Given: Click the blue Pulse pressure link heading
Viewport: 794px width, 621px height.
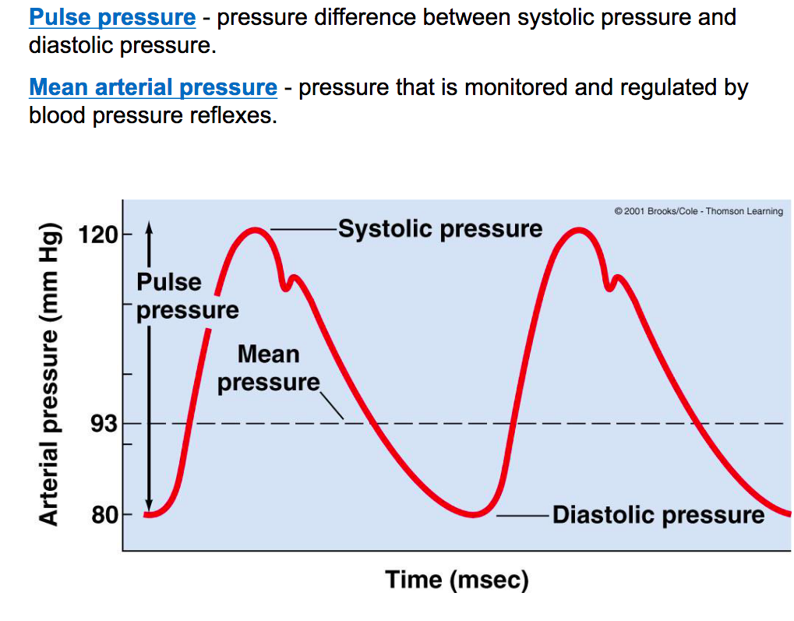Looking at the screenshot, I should pyautogui.click(x=112, y=17).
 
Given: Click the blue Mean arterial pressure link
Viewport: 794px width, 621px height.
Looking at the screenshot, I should pyautogui.click(x=153, y=87).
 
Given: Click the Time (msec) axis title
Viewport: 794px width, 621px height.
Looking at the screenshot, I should pyautogui.click(x=457, y=580).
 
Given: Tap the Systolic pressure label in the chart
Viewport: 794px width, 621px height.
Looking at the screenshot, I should pyautogui.click(x=439, y=229).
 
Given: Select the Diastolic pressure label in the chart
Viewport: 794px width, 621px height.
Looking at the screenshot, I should pyautogui.click(x=658, y=515).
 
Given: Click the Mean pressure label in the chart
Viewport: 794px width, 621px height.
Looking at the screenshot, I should pyautogui.click(x=269, y=369).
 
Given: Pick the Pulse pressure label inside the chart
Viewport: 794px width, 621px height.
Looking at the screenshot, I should pyautogui.click(x=187, y=296).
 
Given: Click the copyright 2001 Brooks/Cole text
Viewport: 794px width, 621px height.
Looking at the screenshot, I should pyautogui.click(x=698, y=211).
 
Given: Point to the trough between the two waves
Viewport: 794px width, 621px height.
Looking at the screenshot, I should pyautogui.click(x=473, y=514).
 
